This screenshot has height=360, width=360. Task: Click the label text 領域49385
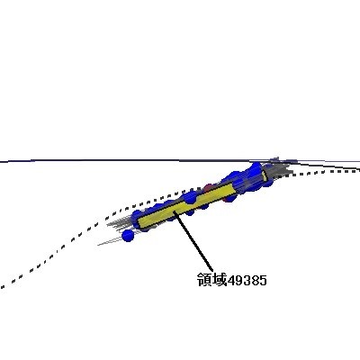[231, 280]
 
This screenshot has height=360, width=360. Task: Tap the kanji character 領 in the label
[204, 280]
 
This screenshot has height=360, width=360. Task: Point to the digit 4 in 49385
[231, 281]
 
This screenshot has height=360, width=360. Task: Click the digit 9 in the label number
[239, 281]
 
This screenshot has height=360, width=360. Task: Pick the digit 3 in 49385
[247, 281]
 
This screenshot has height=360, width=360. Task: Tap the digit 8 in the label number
[255, 281]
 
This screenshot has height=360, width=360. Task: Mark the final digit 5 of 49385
[263, 281]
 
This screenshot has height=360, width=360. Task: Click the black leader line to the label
[193, 240]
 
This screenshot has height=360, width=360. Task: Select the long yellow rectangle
[186, 206]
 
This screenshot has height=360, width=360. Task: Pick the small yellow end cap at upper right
[265, 175]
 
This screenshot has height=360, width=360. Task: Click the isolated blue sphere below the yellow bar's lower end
[128, 236]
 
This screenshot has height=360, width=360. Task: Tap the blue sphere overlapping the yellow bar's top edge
[190, 198]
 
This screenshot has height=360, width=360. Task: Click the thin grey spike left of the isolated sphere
[110, 241]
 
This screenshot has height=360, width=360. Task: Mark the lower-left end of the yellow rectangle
[139, 223]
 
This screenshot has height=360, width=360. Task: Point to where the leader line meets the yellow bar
[174, 211]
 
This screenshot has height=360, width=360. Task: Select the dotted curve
[180, 192]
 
